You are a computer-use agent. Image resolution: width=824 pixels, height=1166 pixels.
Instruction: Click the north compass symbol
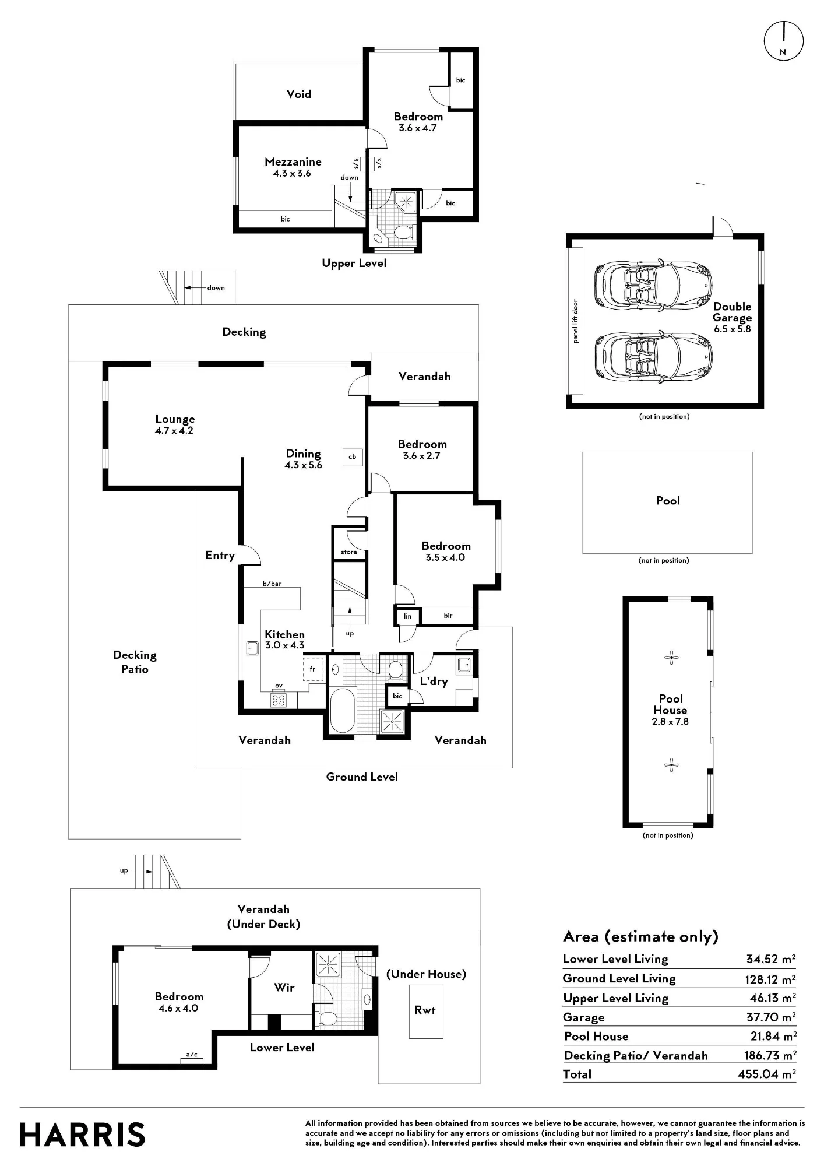click(x=783, y=41)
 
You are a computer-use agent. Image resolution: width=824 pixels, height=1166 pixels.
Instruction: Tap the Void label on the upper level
click(x=298, y=94)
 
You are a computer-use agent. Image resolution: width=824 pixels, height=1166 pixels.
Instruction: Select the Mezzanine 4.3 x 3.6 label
click(x=293, y=167)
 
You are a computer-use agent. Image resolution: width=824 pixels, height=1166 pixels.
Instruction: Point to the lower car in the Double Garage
click(x=653, y=357)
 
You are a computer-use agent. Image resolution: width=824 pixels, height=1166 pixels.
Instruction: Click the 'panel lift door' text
click(x=576, y=321)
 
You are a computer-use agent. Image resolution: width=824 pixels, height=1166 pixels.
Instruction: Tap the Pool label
click(x=668, y=501)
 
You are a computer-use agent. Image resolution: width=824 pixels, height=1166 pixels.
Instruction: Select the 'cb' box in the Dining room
click(x=353, y=456)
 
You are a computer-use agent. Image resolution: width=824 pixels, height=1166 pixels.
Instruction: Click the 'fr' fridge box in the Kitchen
click(x=313, y=669)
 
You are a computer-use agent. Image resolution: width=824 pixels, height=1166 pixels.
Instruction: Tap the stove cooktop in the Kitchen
click(x=279, y=700)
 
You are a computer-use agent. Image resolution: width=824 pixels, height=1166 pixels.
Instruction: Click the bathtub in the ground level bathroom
click(x=343, y=710)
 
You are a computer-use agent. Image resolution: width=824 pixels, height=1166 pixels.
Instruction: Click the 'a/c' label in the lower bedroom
click(x=192, y=1055)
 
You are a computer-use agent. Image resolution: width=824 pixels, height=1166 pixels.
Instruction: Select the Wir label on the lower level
click(x=284, y=988)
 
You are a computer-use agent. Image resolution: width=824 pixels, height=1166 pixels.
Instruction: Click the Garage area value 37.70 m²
click(x=771, y=1017)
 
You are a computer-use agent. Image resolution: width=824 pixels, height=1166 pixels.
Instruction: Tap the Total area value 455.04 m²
click(x=767, y=1074)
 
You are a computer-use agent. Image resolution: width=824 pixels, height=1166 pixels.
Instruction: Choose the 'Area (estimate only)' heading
click(x=640, y=937)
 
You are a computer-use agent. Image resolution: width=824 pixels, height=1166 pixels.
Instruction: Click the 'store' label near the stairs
click(x=349, y=552)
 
